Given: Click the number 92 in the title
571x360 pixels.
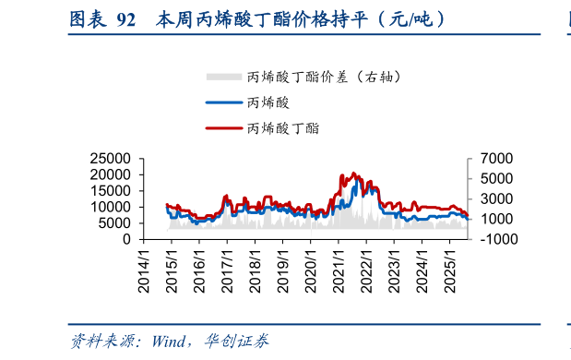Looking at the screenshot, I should pos(127,18).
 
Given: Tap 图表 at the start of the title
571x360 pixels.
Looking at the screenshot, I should pos(87,18).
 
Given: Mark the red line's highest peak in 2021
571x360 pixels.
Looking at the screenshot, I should pos(351,173).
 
